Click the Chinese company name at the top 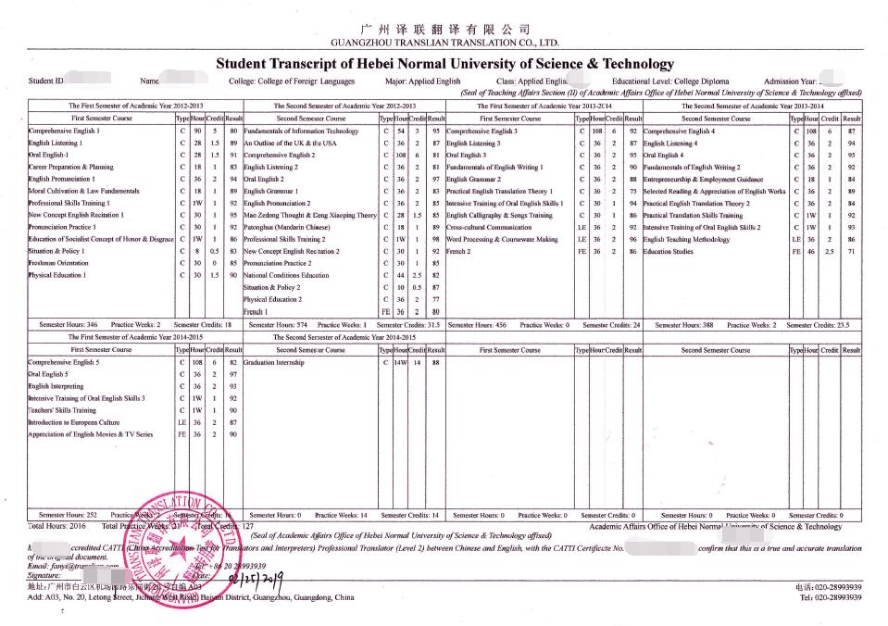444,29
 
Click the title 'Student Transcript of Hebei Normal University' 444,64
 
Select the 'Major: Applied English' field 421,81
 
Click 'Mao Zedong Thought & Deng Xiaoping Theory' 309,214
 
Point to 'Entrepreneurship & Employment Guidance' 703,179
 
